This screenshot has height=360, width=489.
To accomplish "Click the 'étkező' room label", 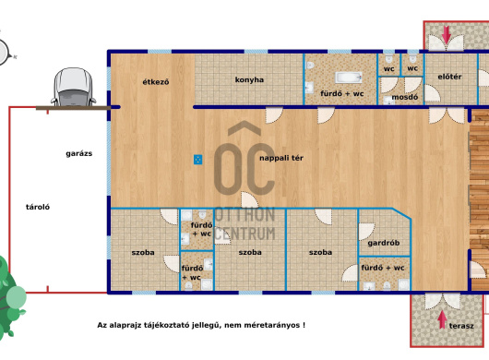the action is pos(156,82).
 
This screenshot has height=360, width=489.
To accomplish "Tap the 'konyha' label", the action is pos(249,80).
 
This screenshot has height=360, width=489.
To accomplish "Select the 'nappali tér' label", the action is pos(281,158).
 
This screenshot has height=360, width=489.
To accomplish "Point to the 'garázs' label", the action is pos(79,153).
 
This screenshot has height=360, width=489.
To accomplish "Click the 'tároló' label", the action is pos(38,207).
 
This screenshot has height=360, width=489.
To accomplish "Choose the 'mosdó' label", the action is pos(404,97).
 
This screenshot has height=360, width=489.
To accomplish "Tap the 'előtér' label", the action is pos(449,77).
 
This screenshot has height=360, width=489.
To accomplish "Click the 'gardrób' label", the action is pos(384,243).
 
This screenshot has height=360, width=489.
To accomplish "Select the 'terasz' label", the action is pos(461,326).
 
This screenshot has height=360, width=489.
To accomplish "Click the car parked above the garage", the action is pos(74,87).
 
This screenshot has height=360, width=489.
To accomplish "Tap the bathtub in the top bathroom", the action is pos(349,78).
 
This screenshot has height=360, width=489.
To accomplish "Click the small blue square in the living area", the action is pos(197,160).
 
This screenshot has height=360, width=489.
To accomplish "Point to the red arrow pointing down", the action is pos(447,35).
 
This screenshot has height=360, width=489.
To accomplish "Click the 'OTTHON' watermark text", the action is pos(245,215).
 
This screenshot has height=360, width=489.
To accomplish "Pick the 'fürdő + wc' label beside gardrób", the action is pos(383,268).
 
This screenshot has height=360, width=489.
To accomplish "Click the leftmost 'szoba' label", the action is pos(143,252).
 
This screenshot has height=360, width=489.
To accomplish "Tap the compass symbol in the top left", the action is pos(4,53).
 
